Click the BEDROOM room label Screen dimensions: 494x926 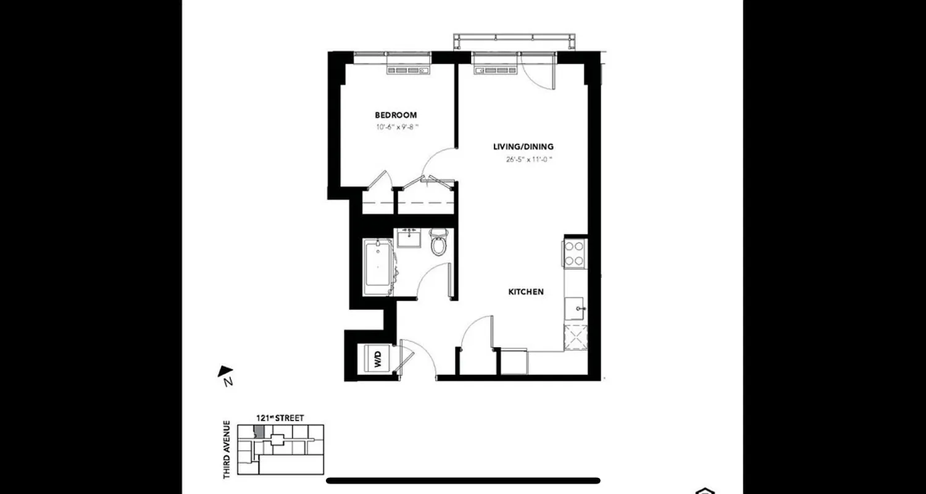(x=396, y=115)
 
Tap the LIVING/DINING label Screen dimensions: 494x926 (x=523, y=147)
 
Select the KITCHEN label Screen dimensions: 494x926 (x=526, y=291)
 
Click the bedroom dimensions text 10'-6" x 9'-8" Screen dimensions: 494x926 (x=397, y=128)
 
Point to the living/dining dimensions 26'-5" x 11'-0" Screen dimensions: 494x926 (x=528, y=160)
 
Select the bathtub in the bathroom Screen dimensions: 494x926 (x=377, y=269)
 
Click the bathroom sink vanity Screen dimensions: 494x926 (x=408, y=238)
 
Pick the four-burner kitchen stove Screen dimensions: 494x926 (x=574, y=253)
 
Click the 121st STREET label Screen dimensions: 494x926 (x=280, y=418)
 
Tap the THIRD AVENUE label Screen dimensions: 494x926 (x=227, y=449)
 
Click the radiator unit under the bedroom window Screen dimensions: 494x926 (x=408, y=71)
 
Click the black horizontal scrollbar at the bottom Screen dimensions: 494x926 (x=463, y=480)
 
